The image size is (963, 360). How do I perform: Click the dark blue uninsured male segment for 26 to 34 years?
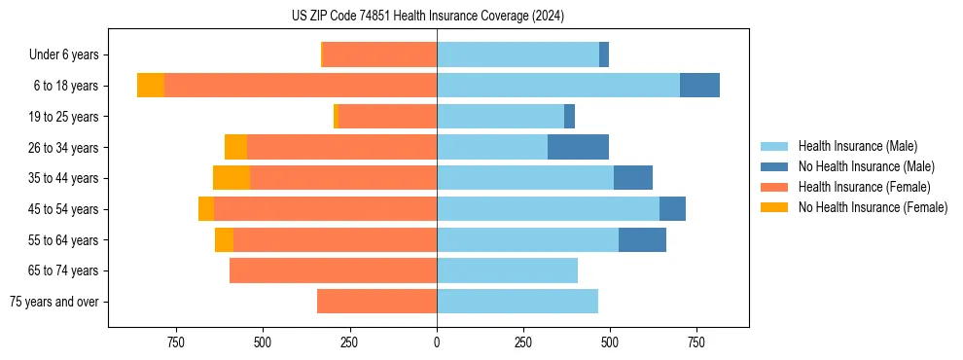(578, 148)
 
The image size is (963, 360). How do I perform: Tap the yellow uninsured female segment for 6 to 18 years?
(151, 86)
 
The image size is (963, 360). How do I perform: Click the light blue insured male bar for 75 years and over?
(517, 302)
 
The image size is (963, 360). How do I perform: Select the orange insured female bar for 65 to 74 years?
(333, 270)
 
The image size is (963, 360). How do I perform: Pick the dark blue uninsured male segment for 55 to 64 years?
(642, 240)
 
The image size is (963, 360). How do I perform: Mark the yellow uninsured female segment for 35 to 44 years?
(232, 178)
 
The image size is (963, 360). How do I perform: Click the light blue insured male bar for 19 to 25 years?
(500, 117)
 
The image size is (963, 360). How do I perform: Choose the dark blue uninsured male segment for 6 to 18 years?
(699, 86)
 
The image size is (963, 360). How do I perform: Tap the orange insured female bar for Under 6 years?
(379, 55)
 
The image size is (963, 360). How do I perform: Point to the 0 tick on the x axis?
(437, 342)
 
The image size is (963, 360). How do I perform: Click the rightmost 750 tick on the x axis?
(696, 342)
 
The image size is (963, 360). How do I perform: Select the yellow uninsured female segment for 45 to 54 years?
(206, 209)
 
